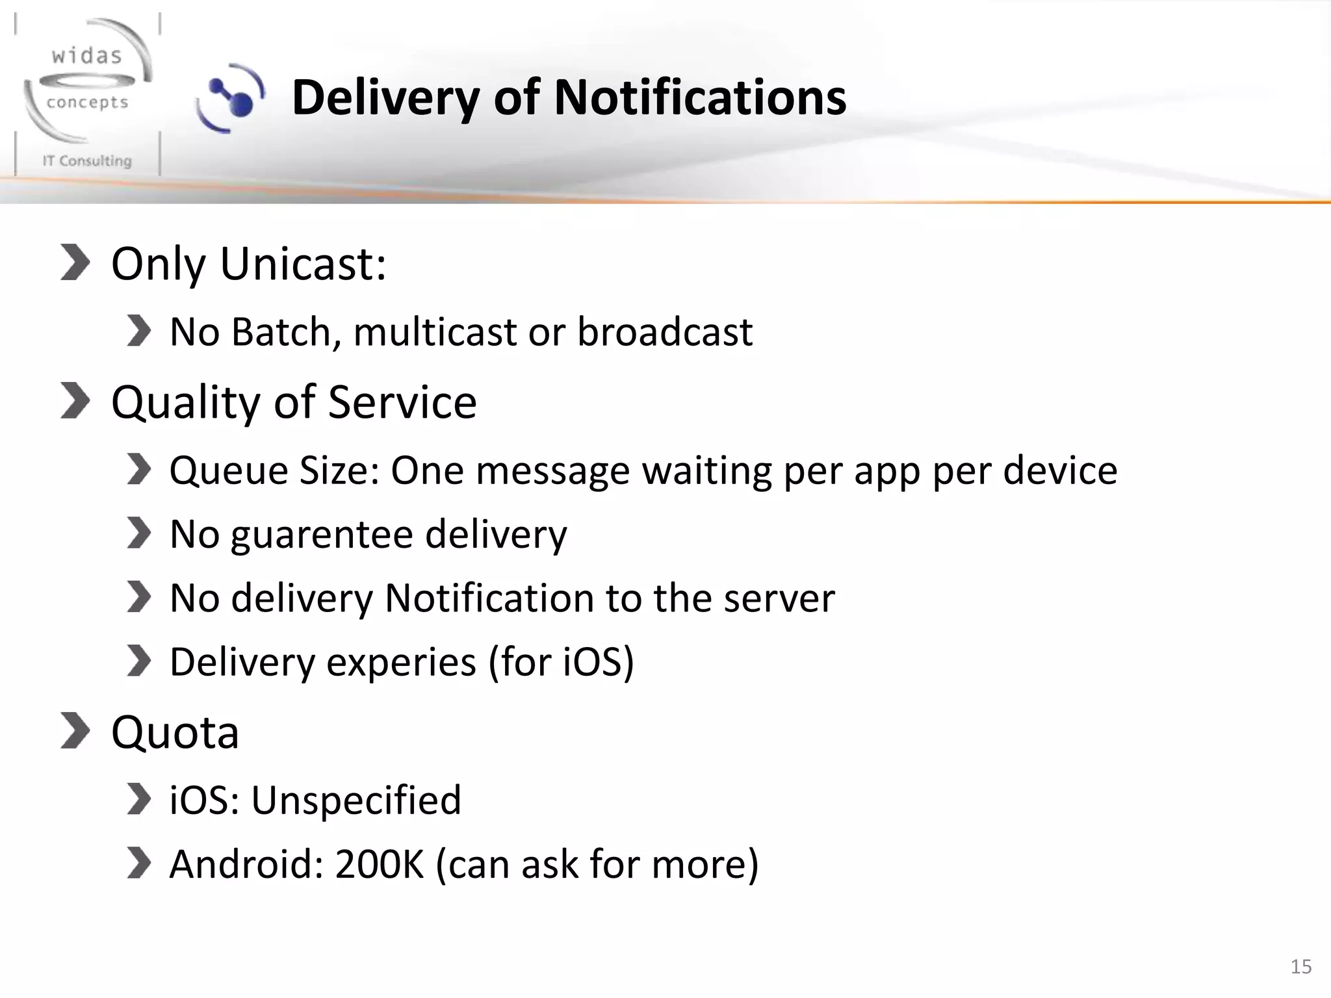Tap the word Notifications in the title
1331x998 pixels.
coord(700,97)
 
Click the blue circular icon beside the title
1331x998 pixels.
coord(231,98)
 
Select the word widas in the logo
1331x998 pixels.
coord(87,56)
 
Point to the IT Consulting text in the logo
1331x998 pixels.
coord(87,160)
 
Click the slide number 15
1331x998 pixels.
coord(1300,967)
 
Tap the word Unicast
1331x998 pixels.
coord(304,264)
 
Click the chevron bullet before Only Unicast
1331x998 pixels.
coord(75,262)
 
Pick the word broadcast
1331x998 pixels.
coord(665,332)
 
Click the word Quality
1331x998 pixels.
coord(186,403)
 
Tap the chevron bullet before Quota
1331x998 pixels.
coord(75,730)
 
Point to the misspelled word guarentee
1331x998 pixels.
coord(322,535)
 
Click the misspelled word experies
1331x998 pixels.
coord(401,662)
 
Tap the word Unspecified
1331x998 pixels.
coord(356,800)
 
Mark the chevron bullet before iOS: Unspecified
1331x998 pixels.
coord(138,799)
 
